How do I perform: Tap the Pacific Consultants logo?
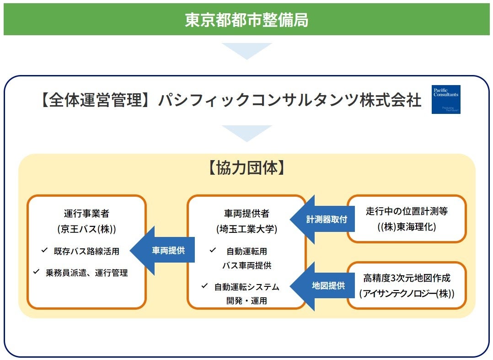click(446, 99)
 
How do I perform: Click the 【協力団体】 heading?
click(246, 168)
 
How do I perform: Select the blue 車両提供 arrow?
click(165, 251)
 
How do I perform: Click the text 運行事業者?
click(86, 213)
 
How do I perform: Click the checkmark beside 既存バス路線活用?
click(44, 250)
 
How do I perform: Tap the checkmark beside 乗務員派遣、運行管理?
click(36, 272)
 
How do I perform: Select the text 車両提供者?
click(246, 213)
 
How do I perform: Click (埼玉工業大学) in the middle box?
click(246, 229)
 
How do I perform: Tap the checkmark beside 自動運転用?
click(213, 250)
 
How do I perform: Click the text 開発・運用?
click(246, 301)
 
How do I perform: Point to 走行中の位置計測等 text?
click(407, 211)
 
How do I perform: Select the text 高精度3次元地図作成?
click(407, 278)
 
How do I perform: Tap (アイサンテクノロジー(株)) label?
click(407, 293)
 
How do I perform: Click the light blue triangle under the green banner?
click(246, 50)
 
